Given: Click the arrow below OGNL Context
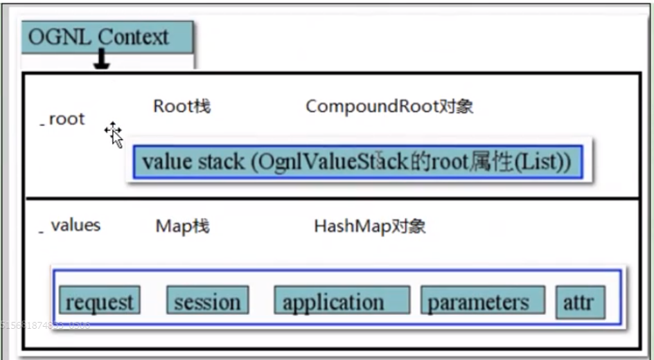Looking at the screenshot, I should [103, 62].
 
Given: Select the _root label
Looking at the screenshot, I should [63, 119].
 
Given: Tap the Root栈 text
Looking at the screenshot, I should [182, 107].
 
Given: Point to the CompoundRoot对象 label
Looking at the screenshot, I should [389, 107].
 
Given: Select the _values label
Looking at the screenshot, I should [71, 226].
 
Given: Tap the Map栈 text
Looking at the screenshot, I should [182, 226].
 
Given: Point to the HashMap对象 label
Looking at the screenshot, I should [369, 226].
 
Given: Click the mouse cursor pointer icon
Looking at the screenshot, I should [114, 134].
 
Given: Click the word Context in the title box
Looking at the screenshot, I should [133, 37].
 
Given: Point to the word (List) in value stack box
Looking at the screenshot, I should [545, 163].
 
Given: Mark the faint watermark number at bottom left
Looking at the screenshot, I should [45, 325].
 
